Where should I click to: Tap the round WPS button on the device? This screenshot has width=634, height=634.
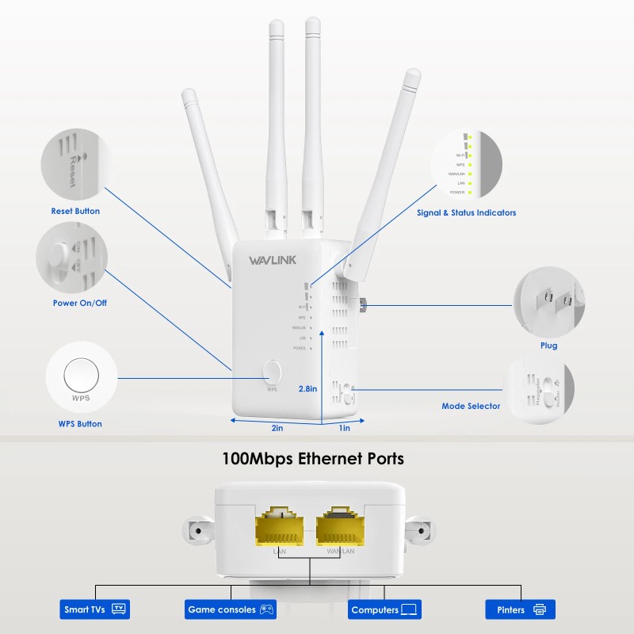tap(272, 371)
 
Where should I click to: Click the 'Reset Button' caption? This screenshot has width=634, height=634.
tap(75, 212)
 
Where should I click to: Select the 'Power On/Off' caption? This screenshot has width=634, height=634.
tap(78, 304)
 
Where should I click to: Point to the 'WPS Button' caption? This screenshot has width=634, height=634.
tap(80, 424)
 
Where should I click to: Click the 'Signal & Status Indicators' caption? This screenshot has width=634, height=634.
tap(466, 212)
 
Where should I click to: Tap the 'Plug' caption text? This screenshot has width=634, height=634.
tap(548, 346)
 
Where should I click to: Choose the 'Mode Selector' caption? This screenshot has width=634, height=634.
tap(471, 407)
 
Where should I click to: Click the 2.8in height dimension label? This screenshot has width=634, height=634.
tap(307, 389)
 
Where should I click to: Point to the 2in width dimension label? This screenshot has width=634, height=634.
tap(277, 428)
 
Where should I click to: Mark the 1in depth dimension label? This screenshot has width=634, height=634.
tap(345, 428)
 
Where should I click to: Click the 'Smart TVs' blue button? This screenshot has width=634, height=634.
tap(94, 609)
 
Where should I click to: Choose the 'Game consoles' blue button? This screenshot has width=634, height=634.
tap(229, 609)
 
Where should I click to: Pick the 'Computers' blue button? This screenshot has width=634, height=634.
tap(384, 609)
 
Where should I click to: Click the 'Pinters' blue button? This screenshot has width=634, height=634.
tap(520, 609)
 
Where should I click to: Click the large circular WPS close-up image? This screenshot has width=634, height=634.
tap(81, 376)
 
